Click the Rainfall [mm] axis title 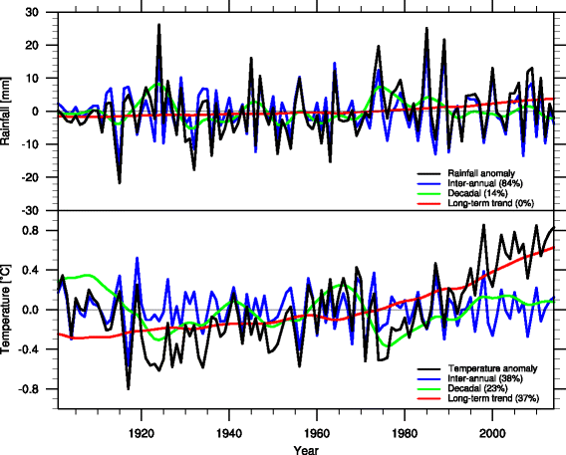(8, 112)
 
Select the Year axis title (306, 449)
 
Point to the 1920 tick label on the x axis (141, 432)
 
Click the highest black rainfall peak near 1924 (158, 25)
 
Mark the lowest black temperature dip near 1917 (128, 388)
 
